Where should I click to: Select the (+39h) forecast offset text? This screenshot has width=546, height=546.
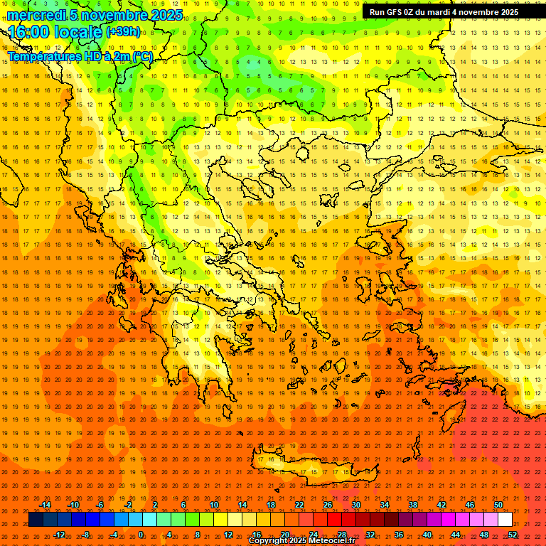click(x=123, y=31)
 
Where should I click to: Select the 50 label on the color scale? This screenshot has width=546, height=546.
click(x=498, y=505)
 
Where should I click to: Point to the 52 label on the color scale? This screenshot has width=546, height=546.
click(x=513, y=535)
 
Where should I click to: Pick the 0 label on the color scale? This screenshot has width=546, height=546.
click(x=141, y=535)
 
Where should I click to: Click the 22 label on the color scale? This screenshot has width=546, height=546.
click(x=299, y=505)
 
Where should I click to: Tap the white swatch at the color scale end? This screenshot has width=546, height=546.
click(x=505, y=520)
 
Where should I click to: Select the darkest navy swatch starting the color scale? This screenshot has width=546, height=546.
click(x=36, y=520)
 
